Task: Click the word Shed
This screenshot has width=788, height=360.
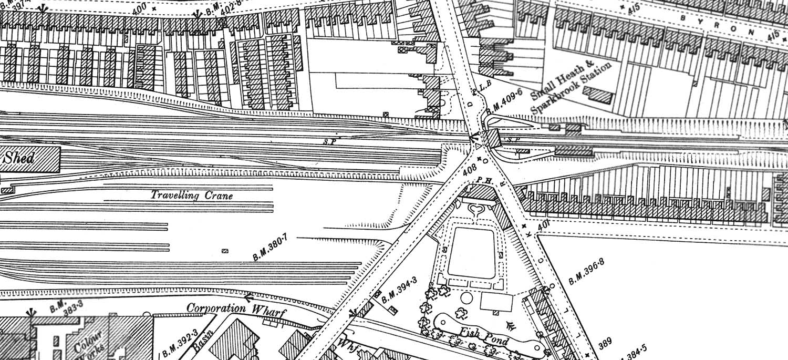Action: point(19,158)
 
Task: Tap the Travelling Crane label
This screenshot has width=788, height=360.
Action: point(192,196)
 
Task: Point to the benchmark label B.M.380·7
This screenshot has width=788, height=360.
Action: point(271,250)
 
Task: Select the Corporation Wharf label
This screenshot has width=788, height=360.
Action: point(236,310)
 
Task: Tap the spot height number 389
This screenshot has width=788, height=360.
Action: point(605,344)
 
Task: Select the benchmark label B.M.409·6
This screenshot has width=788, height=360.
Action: point(504,101)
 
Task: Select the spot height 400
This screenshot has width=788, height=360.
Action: point(139,9)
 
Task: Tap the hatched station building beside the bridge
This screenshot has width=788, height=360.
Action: point(492,139)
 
